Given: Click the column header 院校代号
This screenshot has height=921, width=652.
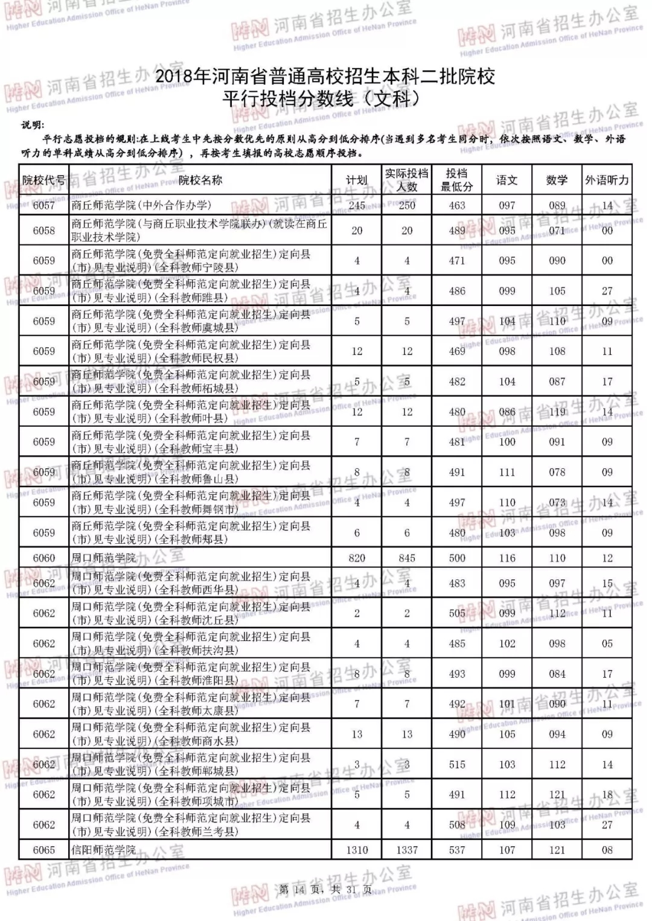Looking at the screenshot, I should pos(43,180).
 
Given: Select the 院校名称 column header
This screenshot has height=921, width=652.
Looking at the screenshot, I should pos(200,180).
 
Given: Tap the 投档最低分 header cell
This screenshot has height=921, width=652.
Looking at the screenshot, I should pos(457,180).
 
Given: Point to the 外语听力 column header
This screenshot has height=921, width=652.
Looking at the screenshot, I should pos(607,180).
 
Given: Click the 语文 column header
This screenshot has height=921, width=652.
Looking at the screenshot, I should pos(507,180).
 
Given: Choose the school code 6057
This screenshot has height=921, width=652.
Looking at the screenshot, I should pos(43,205).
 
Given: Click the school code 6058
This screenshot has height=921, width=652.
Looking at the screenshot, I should pos(43,231).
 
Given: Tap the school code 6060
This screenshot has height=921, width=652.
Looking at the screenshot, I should pos(43,558).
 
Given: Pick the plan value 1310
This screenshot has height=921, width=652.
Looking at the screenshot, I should pos(357,850).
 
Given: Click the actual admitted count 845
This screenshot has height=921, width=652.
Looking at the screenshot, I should pos(407,558).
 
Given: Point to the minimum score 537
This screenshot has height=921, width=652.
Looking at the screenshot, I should pos(457,850).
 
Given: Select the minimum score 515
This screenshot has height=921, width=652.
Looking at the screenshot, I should pos(457,764).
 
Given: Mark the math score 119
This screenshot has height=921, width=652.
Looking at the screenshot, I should pos(557,412).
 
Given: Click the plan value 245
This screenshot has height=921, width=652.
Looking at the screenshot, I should pos(357,205).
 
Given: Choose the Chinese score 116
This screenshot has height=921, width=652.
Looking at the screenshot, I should pos(507,558).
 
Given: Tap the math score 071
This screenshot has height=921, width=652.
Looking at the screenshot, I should pos(557,231).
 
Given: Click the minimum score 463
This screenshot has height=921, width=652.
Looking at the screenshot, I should pos(457,205).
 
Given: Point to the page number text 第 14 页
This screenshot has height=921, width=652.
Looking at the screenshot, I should pos(299,889).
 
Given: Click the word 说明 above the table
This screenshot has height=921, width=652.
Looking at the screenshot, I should pos(33,125).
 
